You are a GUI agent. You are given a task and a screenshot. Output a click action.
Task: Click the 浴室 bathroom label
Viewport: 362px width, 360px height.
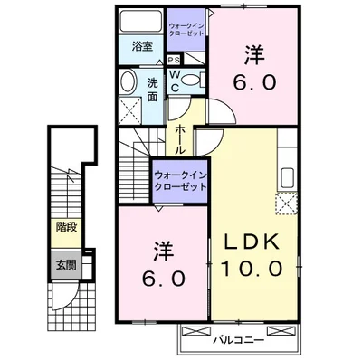(141, 44)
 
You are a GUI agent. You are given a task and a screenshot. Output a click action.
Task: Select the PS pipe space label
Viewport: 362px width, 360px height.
(173, 60)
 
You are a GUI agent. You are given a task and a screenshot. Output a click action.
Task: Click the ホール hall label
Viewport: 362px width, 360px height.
(181, 137)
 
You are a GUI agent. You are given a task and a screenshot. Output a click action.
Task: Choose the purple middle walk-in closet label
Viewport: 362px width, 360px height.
(180, 177)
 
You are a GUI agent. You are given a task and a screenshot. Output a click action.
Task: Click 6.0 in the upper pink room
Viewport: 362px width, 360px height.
(253, 81)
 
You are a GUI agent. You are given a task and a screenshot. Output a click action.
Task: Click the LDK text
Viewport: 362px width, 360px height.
(253, 242)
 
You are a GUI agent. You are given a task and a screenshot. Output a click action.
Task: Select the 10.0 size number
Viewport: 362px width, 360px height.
(253, 269)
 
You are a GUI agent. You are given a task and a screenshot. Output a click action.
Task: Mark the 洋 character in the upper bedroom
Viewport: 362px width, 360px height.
(254, 54)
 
